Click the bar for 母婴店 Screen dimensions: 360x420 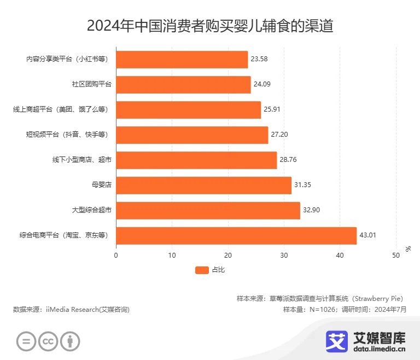click(x=203, y=185)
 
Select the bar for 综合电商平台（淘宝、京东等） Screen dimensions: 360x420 click(x=236, y=236)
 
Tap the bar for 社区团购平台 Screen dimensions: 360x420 click(x=183, y=85)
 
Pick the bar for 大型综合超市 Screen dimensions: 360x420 click(x=208, y=211)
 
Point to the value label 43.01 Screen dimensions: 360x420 click(x=368, y=236)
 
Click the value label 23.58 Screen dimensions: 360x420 click(x=259, y=60)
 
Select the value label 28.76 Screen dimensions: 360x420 click(x=288, y=160)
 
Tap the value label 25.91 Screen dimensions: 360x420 click(x=272, y=110)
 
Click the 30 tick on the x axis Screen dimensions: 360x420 click(x=284, y=255)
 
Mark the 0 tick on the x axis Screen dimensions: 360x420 click(x=116, y=255)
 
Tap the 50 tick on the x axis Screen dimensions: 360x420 click(x=396, y=255)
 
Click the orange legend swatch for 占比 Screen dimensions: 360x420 click(x=202, y=270)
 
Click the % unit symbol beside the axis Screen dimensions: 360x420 click(x=408, y=248)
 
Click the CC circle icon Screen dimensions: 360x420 click(x=48, y=342)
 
